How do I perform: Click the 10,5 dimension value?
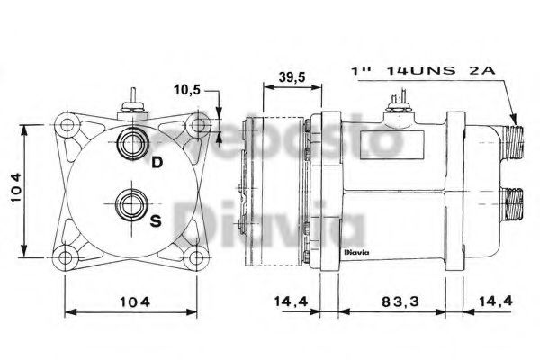coord(186,90)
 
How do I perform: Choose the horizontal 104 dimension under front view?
coord(132,302)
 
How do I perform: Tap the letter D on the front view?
coord(156,163)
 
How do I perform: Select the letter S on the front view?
coord(156,222)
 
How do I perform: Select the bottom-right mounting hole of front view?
coord(193,261)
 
